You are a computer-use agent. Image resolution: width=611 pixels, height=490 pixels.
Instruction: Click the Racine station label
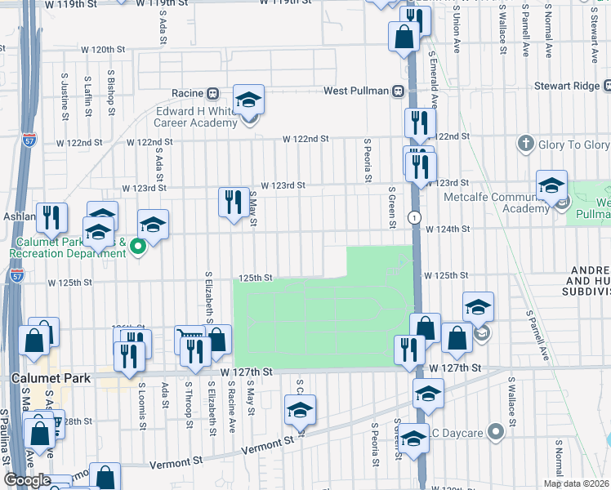tap(186, 93)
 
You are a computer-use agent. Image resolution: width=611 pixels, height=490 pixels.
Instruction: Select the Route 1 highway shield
tap(416, 216)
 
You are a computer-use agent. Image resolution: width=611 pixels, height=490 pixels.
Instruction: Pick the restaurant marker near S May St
tap(234, 201)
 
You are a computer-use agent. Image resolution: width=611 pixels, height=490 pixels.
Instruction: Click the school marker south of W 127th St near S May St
tap(300, 409)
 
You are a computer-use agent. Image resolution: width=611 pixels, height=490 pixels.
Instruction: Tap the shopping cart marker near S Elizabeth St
tap(190, 338)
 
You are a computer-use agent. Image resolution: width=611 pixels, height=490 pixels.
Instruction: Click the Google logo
tap(28, 481)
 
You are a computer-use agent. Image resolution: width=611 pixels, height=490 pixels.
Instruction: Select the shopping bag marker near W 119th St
tap(404, 37)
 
